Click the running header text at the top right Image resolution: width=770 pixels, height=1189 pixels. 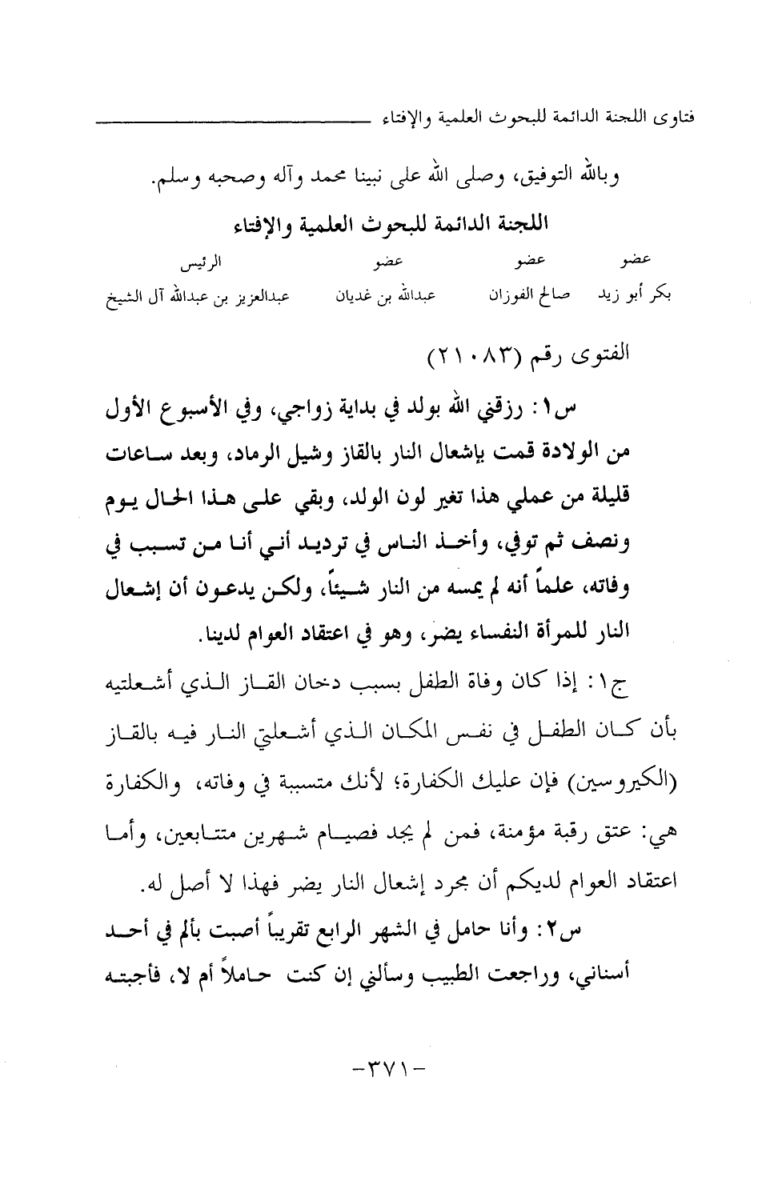[537, 121]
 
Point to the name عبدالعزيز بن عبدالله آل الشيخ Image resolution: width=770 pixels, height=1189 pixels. [199, 296]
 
